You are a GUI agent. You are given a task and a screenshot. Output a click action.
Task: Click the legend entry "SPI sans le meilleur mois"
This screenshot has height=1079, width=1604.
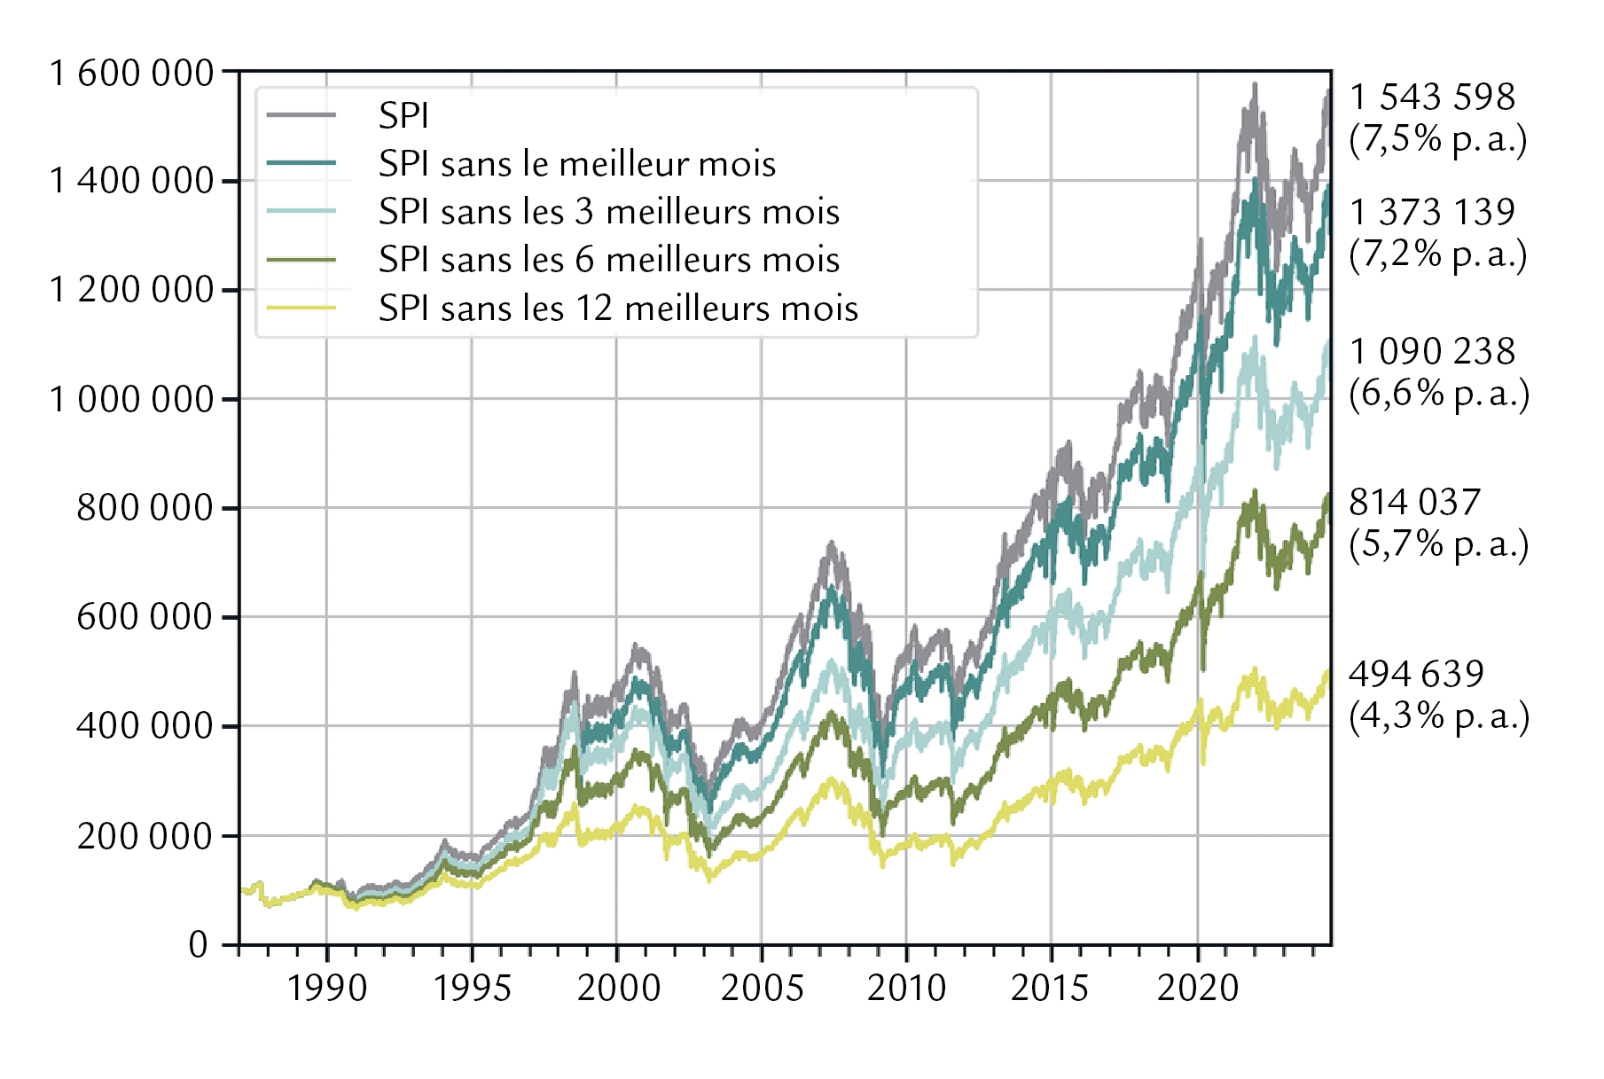(x=577, y=164)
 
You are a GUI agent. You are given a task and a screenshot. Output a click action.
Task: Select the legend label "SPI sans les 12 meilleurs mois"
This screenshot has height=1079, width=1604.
(x=619, y=309)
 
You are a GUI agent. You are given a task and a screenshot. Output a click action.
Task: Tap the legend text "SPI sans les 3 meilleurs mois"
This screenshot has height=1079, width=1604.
(x=609, y=212)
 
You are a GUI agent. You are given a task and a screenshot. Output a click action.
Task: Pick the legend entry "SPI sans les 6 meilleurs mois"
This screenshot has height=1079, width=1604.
(x=609, y=260)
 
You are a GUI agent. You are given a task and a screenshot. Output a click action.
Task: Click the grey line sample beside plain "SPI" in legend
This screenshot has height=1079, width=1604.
(x=301, y=115)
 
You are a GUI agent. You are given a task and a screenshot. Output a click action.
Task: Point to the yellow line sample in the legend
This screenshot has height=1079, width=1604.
(x=301, y=308)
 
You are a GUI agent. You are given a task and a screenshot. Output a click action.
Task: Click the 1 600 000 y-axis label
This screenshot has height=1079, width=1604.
(x=132, y=73)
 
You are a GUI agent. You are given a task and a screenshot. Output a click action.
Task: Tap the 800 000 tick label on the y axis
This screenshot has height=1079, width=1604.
(x=145, y=508)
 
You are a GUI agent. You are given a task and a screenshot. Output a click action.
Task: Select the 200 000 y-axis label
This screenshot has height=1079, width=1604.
(x=145, y=835)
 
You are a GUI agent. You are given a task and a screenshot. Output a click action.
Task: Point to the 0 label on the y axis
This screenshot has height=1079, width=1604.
(x=199, y=944)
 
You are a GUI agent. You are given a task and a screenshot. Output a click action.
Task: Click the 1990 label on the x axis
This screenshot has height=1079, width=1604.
(x=327, y=988)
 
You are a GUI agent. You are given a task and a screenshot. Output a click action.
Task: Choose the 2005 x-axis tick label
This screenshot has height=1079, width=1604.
(x=763, y=988)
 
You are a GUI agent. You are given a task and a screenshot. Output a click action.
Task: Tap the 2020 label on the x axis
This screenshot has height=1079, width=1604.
(x=1198, y=988)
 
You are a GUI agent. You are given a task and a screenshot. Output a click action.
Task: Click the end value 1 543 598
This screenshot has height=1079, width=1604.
(x=1433, y=97)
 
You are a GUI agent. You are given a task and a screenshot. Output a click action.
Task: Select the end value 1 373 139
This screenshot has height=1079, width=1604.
(x=1433, y=212)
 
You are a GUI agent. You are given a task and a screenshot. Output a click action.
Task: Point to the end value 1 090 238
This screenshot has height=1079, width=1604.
(x=1433, y=351)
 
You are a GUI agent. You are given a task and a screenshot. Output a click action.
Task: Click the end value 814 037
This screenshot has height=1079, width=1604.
(x=1415, y=502)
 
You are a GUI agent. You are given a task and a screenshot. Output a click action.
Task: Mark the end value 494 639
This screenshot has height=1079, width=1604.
(x=1417, y=674)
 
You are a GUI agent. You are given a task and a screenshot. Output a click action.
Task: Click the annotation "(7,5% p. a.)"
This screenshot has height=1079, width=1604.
(x=1438, y=139)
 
